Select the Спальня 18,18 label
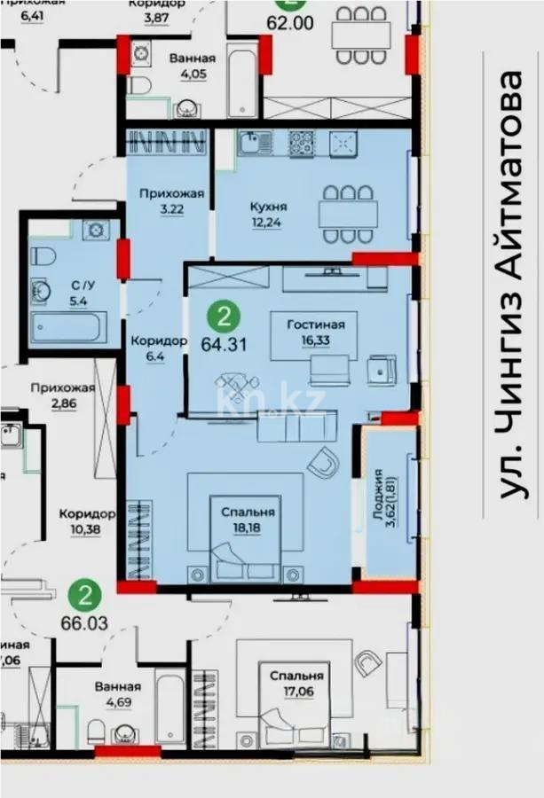click(248, 520)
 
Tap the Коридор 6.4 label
click(158, 349)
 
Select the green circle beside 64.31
click(228, 316)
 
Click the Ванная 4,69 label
click(116, 694)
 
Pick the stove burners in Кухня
click(303, 142)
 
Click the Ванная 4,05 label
click(187, 67)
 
